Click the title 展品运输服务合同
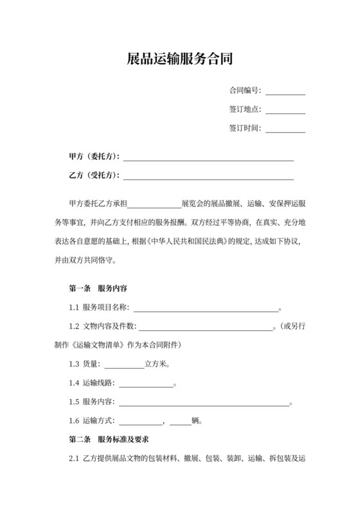[x=179, y=60]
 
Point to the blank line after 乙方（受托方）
[x=208, y=176]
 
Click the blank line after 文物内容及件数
[x=206, y=327]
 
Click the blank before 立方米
[x=124, y=364]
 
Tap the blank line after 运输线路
[x=146, y=384]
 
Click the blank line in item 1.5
[x=204, y=402]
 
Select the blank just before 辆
[x=181, y=422]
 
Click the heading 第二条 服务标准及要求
[x=108, y=440]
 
